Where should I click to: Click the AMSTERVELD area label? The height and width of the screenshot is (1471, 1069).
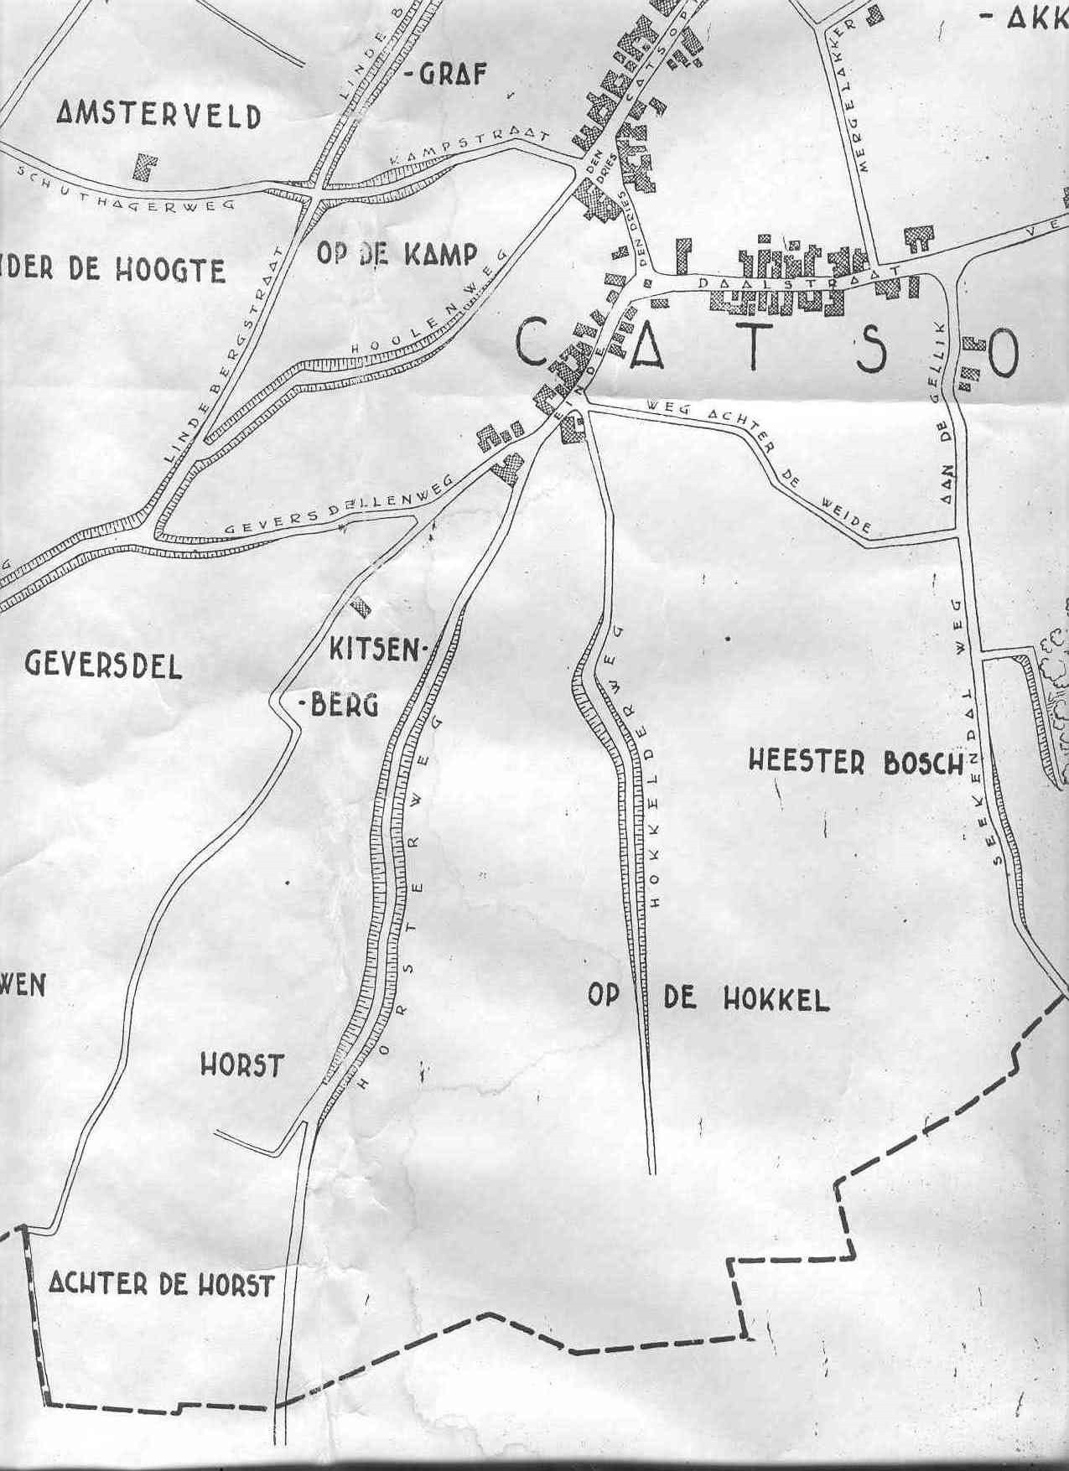pyautogui.click(x=158, y=116)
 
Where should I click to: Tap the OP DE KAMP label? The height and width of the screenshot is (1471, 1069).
pyautogui.click(x=397, y=254)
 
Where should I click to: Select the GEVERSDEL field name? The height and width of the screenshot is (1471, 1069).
pyautogui.click(x=103, y=665)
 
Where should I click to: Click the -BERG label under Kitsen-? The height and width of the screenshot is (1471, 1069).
pyautogui.click(x=339, y=705)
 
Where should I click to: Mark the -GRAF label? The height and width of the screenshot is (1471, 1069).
pyautogui.click(x=445, y=75)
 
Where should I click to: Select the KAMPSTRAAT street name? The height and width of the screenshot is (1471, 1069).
pyautogui.click(x=469, y=149)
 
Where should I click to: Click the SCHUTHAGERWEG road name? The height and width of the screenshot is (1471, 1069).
pyautogui.click(x=138, y=190)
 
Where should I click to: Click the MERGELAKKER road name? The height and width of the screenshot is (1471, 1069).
pyautogui.click(x=848, y=95)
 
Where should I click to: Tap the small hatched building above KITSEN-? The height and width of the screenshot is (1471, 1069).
pyautogui.click(x=361, y=606)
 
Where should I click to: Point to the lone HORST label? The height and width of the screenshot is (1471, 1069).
pyautogui.click(x=242, y=1065)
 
